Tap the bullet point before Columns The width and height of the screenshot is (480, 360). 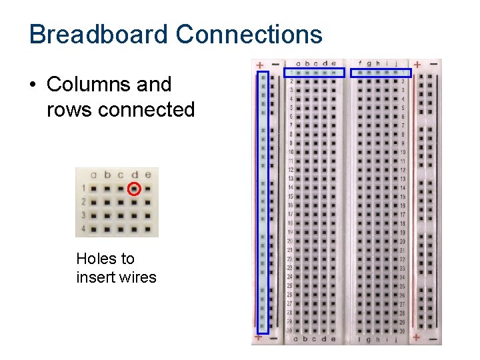(x=33, y=85)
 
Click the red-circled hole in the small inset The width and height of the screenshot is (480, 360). (x=134, y=189)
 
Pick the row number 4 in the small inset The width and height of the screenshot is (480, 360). (x=83, y=229)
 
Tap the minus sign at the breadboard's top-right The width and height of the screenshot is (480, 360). (x=434, y=65)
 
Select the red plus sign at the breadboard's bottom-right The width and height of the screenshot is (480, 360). (x=417, y=337)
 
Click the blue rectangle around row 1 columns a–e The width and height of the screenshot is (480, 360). (x=315, y=72)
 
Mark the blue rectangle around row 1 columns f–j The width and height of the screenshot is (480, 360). (x=381, y=72)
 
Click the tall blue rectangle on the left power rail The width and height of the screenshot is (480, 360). (x=263, y=201)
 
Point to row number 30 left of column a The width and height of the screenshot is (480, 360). (x=289, y=330)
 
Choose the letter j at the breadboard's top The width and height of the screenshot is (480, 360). (x=396, y=64)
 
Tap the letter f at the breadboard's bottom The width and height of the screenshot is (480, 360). (x=360, y=339)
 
